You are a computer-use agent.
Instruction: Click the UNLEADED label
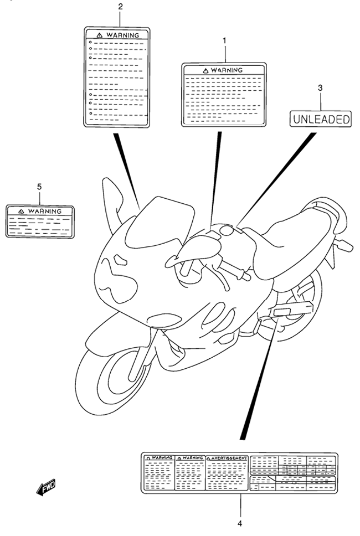(321, 119)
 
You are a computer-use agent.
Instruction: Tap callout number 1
(224, 40)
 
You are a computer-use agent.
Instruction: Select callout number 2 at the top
(120, 6)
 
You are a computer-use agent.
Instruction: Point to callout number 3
(320, 88)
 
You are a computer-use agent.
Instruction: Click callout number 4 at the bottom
(240, 523)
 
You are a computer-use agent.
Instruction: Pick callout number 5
(39, 187)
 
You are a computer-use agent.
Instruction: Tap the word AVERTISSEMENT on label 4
(229, 458)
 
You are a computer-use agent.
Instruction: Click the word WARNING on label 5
(45, 212)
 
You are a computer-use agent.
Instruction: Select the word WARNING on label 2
(123, 35)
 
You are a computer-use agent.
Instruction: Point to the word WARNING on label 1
(227, 70)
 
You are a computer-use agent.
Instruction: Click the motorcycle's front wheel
(111, 377)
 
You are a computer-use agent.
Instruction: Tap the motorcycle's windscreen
(160, 222)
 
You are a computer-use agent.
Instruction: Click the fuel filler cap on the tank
(227, 230)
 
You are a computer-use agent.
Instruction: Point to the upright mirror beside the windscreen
(112, 204)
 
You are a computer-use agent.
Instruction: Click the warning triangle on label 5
(21, 212)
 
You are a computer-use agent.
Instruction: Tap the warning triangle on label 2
(99, 35)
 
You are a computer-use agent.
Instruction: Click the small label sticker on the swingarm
(282, 311)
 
